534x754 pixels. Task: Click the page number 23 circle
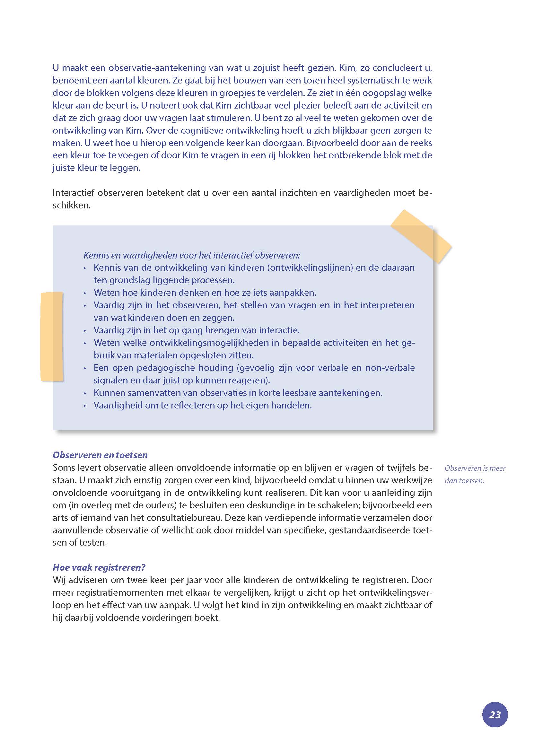coord(495,715)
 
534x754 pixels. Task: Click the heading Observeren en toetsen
coord(100,455)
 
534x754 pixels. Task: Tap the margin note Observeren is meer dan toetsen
coord(475,474)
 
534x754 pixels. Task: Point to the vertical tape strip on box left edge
coord(52,337)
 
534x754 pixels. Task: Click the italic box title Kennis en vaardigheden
coord(191,255)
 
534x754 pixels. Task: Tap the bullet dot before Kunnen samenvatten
coord(85,393)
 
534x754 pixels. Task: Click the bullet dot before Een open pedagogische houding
coord(85,368)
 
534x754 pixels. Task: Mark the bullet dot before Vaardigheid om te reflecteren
coord(85,406)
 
